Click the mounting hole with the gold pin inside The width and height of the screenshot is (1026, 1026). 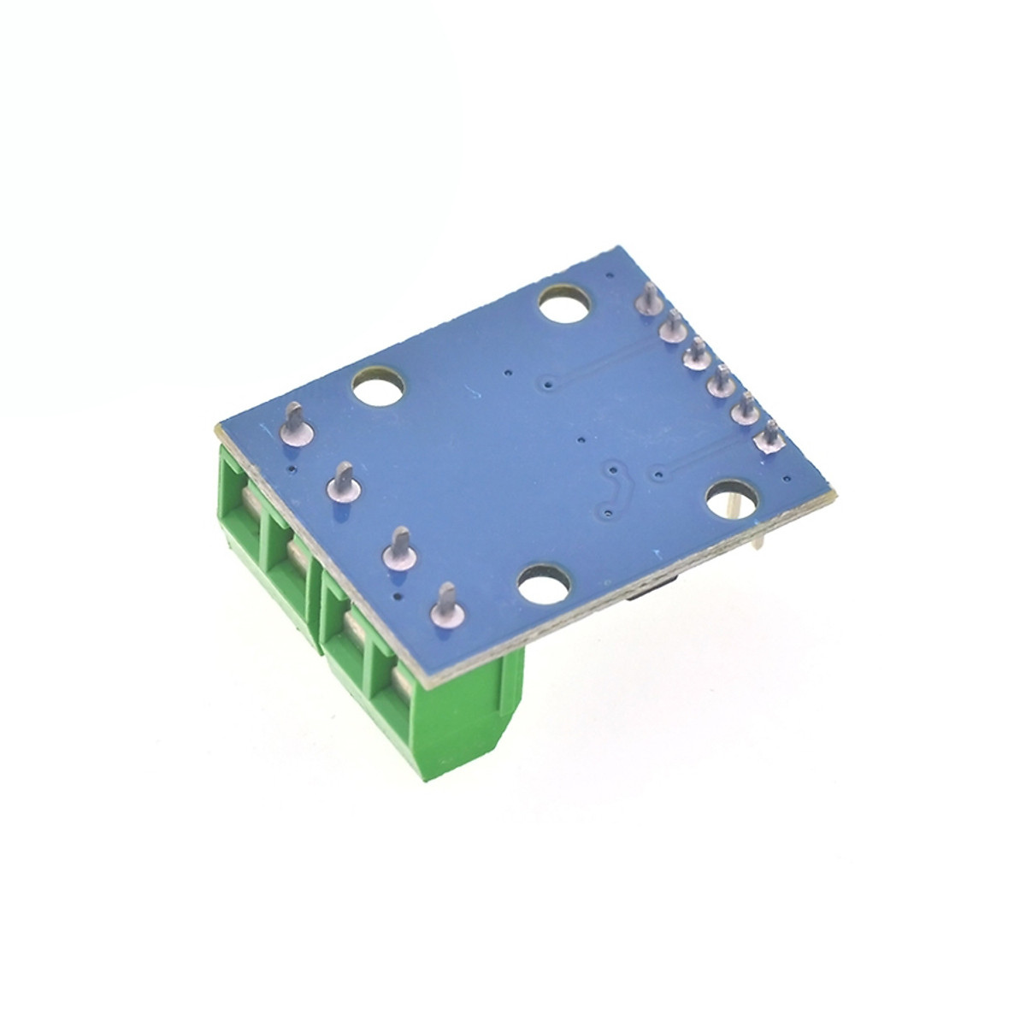coord(732,499)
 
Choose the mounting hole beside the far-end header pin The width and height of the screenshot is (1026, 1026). coord(566,304)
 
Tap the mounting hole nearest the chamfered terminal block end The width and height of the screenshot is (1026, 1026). coord(545,587)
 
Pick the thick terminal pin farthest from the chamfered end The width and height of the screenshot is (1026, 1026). coord(292,424)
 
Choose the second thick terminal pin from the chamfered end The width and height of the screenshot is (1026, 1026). coord(400,547)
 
